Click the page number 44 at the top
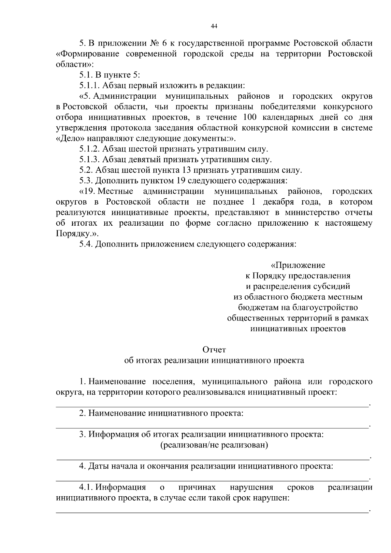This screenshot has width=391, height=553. [214, 26]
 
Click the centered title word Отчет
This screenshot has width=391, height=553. [214, 350]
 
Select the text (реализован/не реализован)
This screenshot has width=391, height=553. [214, 445]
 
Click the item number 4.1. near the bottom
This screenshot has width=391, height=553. [86, 488]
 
